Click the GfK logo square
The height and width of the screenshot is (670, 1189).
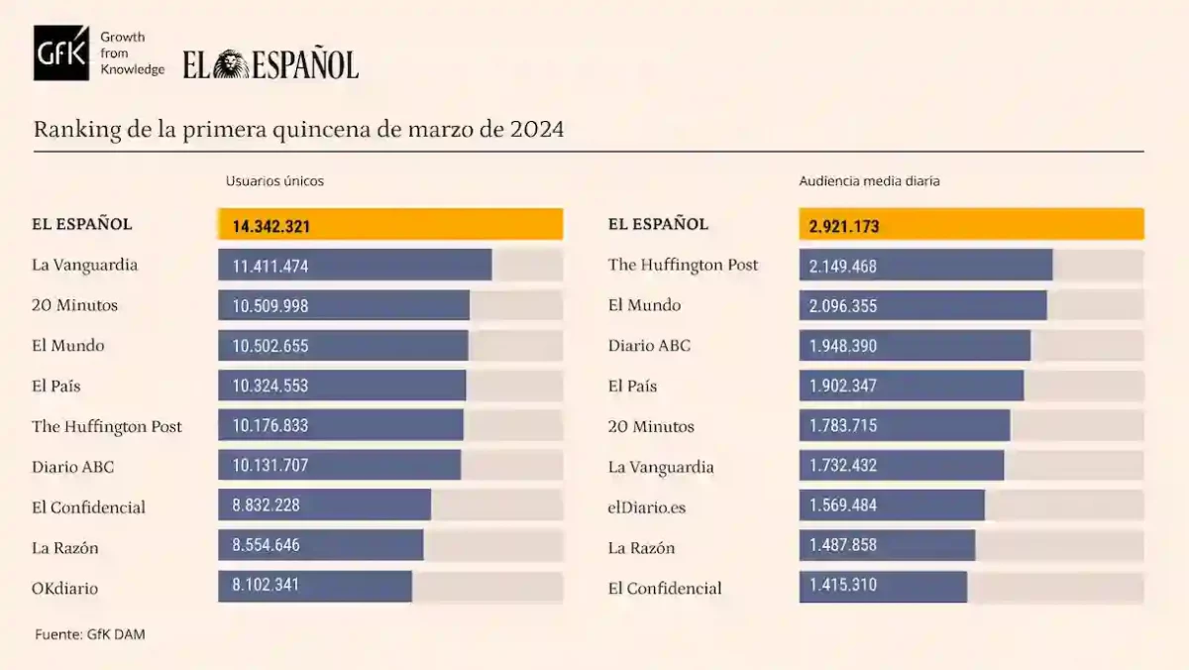tap(61, 54)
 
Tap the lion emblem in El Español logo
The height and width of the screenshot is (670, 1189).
tap(231, 65)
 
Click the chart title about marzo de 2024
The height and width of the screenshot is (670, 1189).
tap(298, 130)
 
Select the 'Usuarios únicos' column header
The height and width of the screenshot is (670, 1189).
tap(274, 181)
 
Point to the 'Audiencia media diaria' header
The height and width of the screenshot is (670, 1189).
tap(869, 181)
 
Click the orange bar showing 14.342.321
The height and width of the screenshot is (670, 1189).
tap(390, 225)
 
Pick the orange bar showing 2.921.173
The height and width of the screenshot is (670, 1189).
tap(971, 225)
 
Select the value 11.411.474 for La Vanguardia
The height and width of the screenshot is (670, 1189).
tap(270, 266)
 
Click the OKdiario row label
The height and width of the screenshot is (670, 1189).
tap(65, 589)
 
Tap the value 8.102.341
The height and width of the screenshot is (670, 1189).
tap(267, 586)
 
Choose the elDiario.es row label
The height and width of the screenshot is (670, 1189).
tap(647, 507)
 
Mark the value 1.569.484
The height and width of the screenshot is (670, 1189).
tap(843, 505)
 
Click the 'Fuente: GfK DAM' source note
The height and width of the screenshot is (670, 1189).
tap(90, 634)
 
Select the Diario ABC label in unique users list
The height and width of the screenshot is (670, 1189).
tap(72, 467)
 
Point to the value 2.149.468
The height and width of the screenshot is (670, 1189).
tap(843, 266)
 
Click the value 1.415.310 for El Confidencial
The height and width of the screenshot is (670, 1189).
tap(843, 586)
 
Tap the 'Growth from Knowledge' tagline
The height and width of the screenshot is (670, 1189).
tap(133, 54)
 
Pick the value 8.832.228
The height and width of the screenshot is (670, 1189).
tap(267, 505)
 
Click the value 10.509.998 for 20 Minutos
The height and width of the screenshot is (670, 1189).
tap(270, 306)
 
